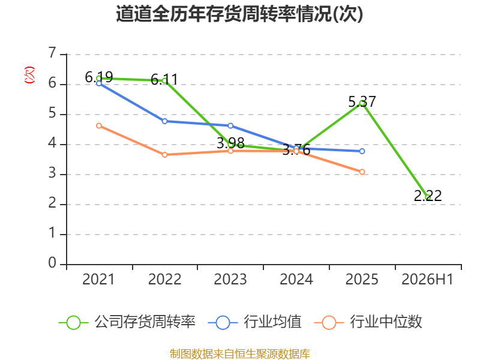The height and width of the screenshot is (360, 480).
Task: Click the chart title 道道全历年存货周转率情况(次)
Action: [239, 14]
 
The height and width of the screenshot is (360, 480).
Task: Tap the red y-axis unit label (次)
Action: [29, 75]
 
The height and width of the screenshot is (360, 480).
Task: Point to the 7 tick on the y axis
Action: [52, 53]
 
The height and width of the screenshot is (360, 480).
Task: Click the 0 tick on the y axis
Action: [52, 263]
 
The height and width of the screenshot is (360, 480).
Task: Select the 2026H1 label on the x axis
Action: [427, 279]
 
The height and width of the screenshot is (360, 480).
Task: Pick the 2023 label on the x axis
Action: [230, 279]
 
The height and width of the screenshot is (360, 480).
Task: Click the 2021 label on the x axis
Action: [98, 279]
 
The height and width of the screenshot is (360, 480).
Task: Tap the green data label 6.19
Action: [99, 77]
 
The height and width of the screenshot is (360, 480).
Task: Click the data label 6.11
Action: [164, 80]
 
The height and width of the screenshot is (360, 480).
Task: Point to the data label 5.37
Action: [362, 101]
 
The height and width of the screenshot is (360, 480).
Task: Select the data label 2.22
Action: [428, 196]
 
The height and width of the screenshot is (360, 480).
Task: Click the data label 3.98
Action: [230, 143]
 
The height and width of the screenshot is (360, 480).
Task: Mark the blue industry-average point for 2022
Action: [164, 121]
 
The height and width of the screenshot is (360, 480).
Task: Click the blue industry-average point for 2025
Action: [362, 151]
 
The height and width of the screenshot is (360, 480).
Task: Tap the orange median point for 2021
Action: [99, 126]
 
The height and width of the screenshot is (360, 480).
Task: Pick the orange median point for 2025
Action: [362, 172]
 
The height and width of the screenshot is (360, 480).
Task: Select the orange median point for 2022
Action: [164, 155]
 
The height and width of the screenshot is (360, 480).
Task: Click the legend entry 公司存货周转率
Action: [127, 322]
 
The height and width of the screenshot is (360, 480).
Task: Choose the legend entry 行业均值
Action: [254, 322]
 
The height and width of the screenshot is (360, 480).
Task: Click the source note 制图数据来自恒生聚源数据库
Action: [240, 354]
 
